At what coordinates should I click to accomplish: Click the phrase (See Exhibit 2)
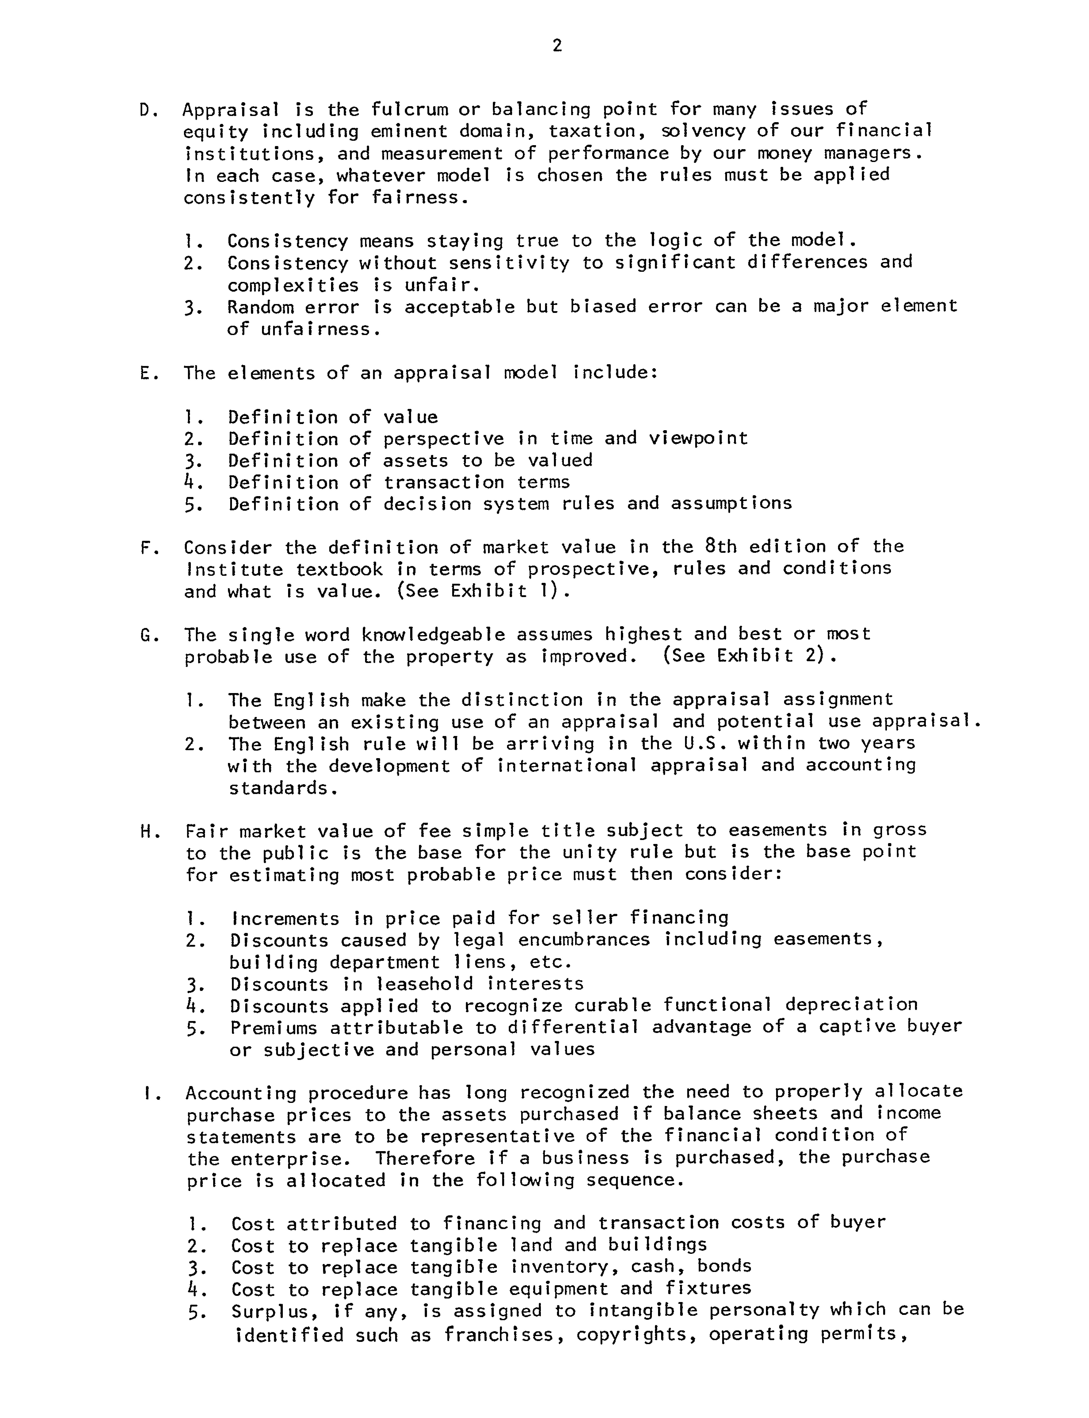pos(749,657)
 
